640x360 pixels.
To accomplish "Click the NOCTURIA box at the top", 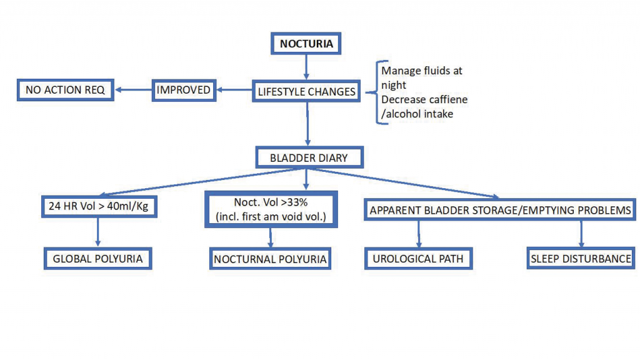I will tap(306, 44).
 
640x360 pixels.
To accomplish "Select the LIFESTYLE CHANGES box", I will tap(306, 91).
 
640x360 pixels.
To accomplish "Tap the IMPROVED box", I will tap(183, 90).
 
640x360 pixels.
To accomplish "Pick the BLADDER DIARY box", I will tap(309, 157).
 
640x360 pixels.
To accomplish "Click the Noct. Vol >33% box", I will tap(271, 209).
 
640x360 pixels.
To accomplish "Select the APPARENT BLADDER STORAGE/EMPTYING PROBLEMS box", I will tap(500, 211).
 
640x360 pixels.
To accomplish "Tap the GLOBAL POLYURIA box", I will tap(98, 259).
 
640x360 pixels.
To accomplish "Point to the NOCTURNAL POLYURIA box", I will tap(270, 259).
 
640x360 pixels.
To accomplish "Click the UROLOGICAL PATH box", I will tap(417, 259).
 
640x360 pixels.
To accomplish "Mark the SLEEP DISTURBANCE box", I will tap(581, 259).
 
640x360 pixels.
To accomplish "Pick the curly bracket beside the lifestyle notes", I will tap(377, 92).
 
